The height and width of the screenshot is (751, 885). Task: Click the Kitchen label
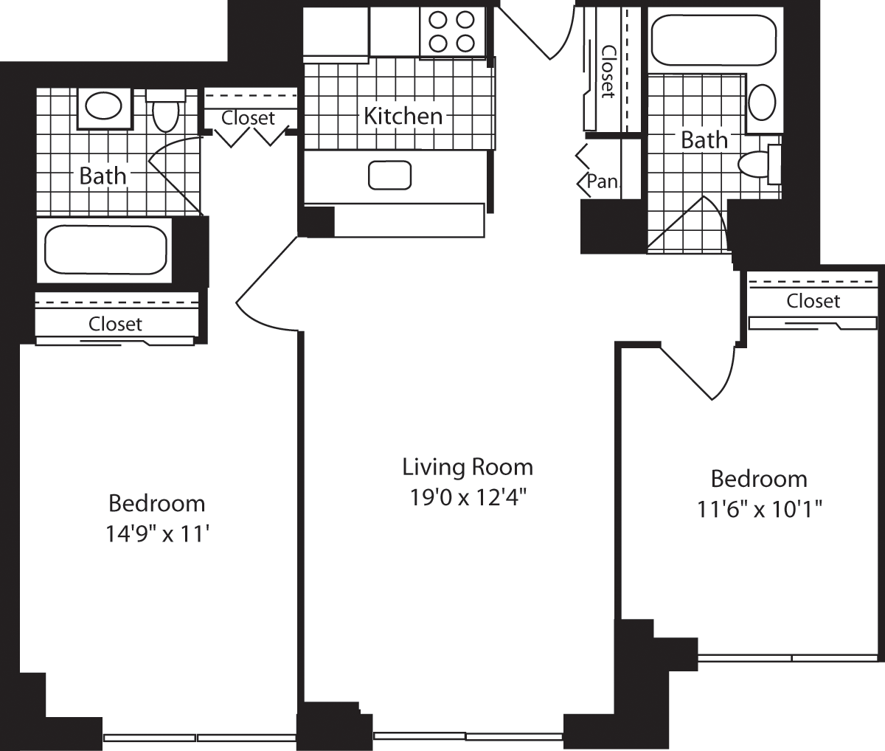point(403,116)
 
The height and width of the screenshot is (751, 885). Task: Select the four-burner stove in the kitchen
point(451,32)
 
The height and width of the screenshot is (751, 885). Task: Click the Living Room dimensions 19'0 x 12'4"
point(467,498)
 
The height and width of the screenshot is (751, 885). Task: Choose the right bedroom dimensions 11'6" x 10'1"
point(759,509)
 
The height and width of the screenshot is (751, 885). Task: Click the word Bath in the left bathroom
point(103,176)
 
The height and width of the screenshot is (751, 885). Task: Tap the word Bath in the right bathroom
point(704,139)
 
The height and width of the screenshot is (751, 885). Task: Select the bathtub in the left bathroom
point(106,250)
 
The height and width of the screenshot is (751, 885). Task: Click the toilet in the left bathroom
point(165,111)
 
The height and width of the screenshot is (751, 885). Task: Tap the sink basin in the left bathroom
point(103,106)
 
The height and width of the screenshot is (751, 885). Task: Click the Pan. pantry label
point(603,181)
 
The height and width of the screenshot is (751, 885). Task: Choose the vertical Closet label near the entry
point(608,71)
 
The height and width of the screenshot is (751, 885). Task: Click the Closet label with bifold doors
point(248,118)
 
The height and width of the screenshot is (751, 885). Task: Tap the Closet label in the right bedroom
point(813,301)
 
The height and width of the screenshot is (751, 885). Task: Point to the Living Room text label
point(467,467)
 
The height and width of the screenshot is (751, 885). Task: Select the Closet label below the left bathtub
point(115,324)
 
